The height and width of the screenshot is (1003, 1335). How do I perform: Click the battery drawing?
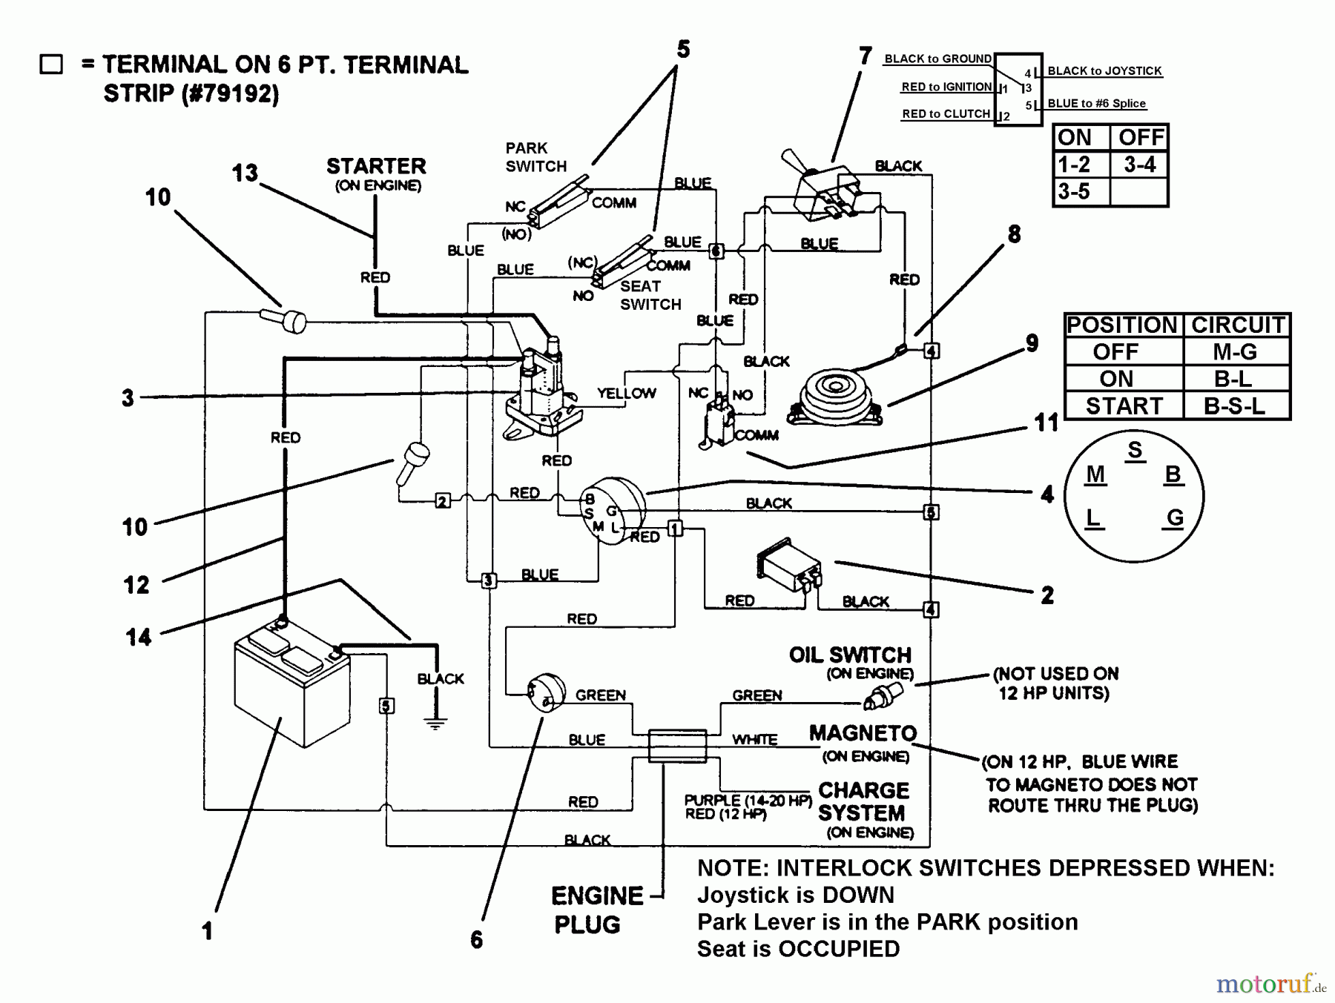tap(291, 686)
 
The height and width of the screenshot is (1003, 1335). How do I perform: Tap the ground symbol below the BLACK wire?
tap(435, 724)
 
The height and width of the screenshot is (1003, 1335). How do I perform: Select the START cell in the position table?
tap(1123, 406)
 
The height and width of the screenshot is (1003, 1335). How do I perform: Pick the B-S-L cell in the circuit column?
tap(1234, 406)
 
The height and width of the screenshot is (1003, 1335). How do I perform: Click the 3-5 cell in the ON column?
tap(1074, 191)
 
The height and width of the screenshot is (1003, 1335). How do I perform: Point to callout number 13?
tap(245, 173)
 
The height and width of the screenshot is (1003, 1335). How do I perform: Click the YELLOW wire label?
tap(627, 393)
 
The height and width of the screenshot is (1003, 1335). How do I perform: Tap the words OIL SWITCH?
tap(850, 655)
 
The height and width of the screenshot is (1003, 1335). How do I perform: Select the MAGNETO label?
tap(863, 733)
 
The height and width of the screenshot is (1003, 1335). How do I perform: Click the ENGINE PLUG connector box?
tap(677, 745)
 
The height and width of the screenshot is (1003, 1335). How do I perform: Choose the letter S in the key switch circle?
tap(1135, 451)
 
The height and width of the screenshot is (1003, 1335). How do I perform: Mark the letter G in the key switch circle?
tap(1175, 517)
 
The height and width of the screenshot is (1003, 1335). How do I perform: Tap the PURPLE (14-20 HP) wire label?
tap(748, 800)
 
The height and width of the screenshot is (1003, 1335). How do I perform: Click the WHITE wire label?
tap(755, 739)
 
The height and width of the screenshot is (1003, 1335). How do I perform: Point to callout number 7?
tap(865, 56)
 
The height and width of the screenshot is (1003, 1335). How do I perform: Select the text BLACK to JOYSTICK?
tap(1104, 71)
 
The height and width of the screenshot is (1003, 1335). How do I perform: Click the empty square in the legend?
tap(51, 64)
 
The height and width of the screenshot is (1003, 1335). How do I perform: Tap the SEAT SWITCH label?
tap(650, 295)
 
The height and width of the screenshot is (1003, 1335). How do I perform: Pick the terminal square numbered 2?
tap(442, 501)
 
